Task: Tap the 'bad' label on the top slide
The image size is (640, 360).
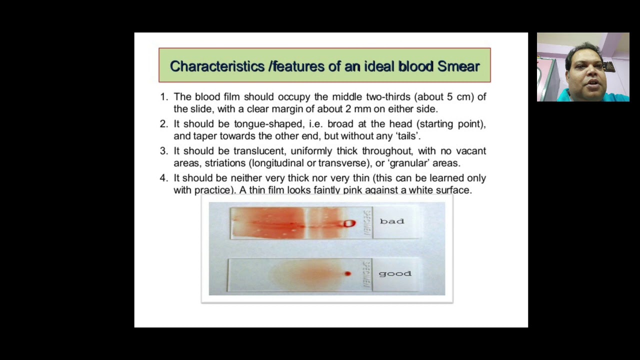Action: (x=391, y=221)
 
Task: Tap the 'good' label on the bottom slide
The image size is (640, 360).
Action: (x=395, y=274)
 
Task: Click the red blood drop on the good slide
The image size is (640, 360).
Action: (x=347, y=273)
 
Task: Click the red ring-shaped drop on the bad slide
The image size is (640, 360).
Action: (x=349, y=223)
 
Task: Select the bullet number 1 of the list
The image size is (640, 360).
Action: (x=163, y=97)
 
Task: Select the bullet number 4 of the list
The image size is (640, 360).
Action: (x=163, y=178)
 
